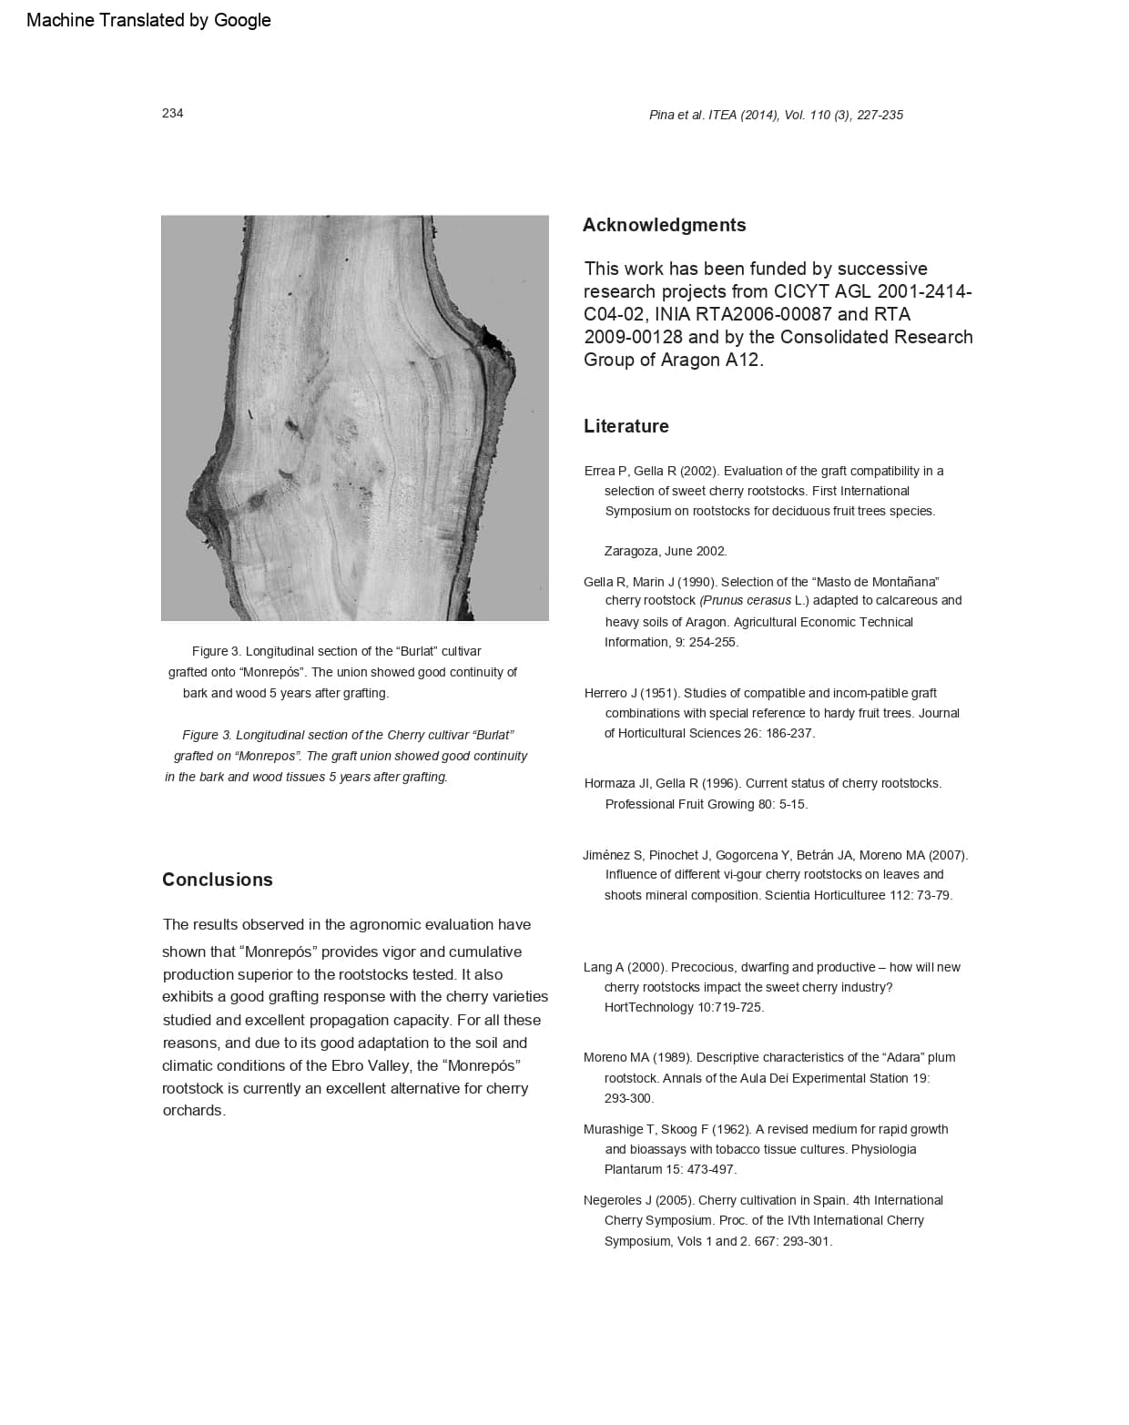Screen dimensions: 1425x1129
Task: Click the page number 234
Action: point(172,113)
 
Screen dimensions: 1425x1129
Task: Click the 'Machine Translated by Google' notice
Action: point(148,20)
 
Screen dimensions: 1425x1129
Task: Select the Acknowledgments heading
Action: point(664,225)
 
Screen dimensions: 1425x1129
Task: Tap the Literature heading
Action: point(626,426)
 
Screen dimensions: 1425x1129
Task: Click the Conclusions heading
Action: point(217,880)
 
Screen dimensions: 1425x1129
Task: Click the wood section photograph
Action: point(354,418)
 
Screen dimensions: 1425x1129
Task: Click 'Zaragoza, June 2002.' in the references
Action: point(665,551)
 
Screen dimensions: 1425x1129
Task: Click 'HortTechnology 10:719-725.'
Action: point(684,1007)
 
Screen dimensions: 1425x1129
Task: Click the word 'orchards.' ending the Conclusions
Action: point(194,1111)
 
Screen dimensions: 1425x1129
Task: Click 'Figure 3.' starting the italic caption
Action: point(207,735)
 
